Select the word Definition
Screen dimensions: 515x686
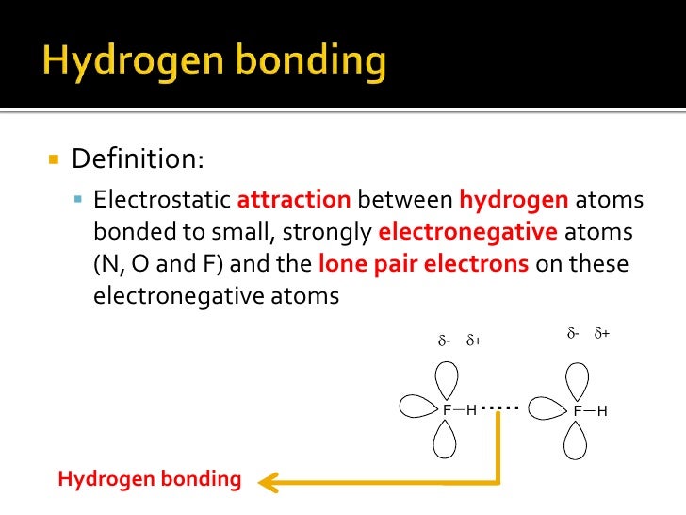tap(137, 158)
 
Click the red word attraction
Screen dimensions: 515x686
tap(294, 201)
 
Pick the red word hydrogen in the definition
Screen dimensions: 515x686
tap(514, 201)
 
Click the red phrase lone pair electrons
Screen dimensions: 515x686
tap(424, 263)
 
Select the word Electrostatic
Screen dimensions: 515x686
tap(162, 201)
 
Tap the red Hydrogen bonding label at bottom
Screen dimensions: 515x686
tap(150, 479)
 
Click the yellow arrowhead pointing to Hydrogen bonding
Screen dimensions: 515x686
tap(268, 482)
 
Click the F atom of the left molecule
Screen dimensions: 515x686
tap(447, 410)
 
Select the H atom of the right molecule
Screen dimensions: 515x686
tap(601, 411)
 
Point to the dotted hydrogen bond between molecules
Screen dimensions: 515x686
tap(499, 407)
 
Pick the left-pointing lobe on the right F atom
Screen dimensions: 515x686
tap(547, 407)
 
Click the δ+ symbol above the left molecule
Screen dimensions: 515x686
tap(474, 341)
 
